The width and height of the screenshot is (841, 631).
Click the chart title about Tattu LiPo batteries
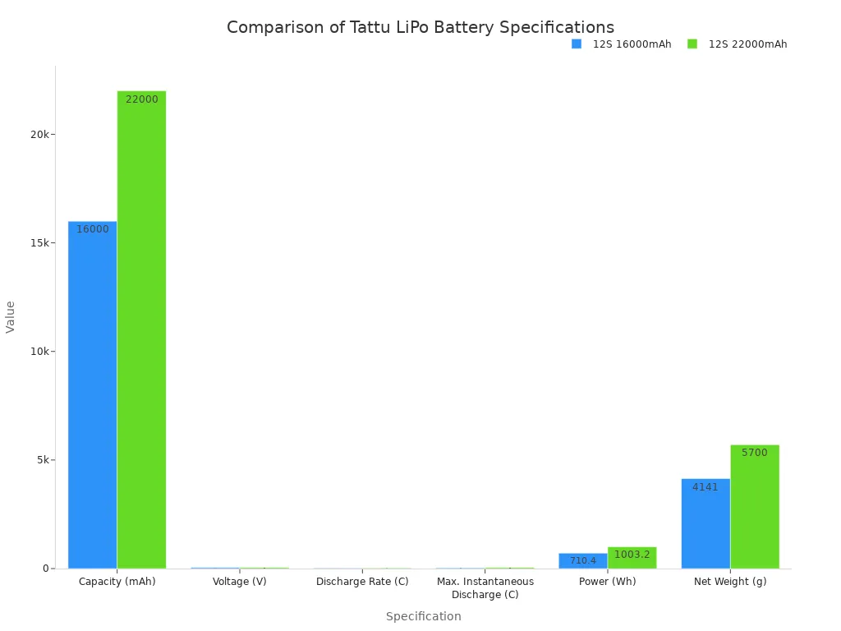(420, 27)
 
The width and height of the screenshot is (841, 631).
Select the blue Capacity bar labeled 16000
(92, 394)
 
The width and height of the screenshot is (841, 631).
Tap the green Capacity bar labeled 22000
(141, 329)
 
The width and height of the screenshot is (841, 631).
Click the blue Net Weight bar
(705, 526)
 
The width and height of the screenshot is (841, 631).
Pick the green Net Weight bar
(755, 509)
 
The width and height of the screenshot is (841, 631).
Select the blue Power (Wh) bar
(583, 560)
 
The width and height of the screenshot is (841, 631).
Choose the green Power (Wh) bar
(632, 558)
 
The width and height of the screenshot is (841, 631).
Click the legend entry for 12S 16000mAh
(622, 44)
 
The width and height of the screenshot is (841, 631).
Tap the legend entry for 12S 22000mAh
(738, 44)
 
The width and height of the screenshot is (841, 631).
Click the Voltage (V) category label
(239, 582)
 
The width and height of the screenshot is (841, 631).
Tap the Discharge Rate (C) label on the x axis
(362, 582)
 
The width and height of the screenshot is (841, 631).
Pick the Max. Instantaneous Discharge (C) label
(485, 587)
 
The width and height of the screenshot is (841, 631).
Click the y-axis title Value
(11, 316)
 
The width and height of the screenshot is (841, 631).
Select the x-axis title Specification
(423, 616)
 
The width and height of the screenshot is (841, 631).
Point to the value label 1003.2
(632, 555)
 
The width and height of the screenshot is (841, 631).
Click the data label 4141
(705, 487)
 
